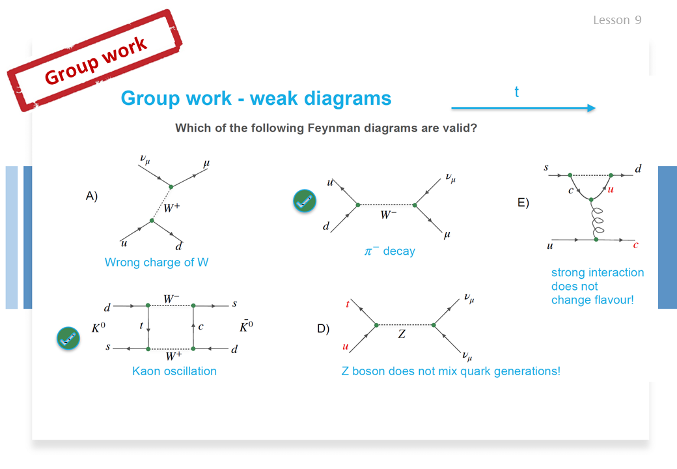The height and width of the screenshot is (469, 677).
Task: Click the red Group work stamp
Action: pyautogui.click(x=95, y=61)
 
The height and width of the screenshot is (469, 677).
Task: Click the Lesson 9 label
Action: pyautogui.click(x=617, y=20)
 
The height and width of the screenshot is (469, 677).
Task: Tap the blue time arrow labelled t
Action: pyautogui.click(x=523, y=108)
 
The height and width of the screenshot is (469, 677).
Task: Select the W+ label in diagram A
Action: pyautogui.click(x=172, y=208)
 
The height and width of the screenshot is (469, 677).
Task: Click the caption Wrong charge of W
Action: pyautogui.click(x=156, y=262)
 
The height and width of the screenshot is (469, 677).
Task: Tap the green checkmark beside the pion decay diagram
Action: pyautogui.click(x=305, y=201)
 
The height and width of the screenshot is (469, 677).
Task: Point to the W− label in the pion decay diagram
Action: pyautogui.click(x=388, y=214)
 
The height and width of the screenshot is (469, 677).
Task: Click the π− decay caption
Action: pyautogui.click(x=389, y=251)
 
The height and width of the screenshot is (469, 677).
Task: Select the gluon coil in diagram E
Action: pyautogui.click(x=597, y=220)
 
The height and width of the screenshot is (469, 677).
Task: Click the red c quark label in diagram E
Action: pyautogui.click(x=635, y=246)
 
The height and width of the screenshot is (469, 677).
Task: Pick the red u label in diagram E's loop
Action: pyautogui.click(x=611, y=189)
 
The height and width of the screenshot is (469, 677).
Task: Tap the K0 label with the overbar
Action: pyautogui.click(x=247, y=326)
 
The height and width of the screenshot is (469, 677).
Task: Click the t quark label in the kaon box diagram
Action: pyautogui.click(x=141, y=326)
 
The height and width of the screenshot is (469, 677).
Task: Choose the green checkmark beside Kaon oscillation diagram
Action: pyautogui.click(x=68, y=338)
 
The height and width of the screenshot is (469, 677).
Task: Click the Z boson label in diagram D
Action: pyautogui.click(x=402, y=334)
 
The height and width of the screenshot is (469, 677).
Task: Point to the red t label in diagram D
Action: pyautogui.click(x=347, y=304)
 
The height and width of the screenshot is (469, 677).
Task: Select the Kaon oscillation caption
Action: pyautogui.click(x=174, y=371)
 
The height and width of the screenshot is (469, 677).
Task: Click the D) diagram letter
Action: pyautogui.click(x=324, y=329)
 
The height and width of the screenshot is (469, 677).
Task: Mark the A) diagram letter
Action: pyautogui.click(x=92, y=196)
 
